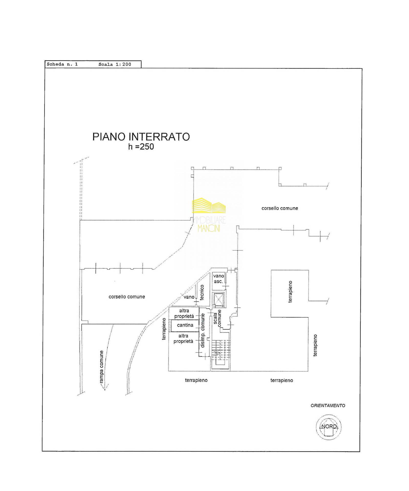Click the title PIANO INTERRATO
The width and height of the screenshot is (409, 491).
(141, 137)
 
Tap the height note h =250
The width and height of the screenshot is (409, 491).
(141, 147)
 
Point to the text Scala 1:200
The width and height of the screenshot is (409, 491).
(115, 64)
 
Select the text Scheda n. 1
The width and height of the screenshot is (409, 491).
(62, 64)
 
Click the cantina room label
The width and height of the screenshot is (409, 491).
(185, 325)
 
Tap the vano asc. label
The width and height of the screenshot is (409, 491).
(218, 278)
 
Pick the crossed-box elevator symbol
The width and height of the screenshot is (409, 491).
(218, 299)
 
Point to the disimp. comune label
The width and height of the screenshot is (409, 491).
(203, 330)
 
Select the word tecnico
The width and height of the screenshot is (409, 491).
(202, 292)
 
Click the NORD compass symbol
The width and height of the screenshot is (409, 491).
(329, 427)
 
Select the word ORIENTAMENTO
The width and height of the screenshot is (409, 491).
(328, 405)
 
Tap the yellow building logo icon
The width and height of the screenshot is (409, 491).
(209, 205)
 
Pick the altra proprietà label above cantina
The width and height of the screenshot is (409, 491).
(184, 313)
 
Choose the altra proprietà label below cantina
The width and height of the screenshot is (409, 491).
(183, 338)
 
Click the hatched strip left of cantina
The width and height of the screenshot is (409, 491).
(170, 326)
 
